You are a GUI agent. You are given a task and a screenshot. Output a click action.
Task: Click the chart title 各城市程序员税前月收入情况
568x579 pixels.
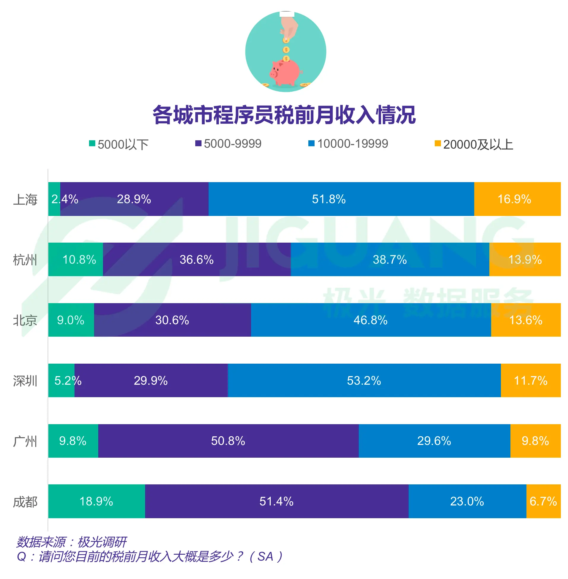tap(284, 115)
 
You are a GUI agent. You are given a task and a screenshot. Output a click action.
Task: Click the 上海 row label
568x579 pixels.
tap(25, 199)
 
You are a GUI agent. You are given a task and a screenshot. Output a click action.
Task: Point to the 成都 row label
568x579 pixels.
tap(25, 502)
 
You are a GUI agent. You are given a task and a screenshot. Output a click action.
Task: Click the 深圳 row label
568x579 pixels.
tap(25, 381)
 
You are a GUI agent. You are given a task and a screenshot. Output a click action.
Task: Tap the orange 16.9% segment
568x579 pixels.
tap(517, 199)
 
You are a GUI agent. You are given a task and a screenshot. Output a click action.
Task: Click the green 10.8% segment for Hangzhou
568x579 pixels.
tap(75, 259)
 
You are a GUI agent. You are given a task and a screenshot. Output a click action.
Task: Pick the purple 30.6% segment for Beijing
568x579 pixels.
tap(172, 320)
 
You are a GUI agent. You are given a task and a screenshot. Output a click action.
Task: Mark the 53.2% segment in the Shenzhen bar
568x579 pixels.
tap(364, 381)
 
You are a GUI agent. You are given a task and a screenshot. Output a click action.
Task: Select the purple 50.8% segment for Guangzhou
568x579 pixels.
tap(228, 441)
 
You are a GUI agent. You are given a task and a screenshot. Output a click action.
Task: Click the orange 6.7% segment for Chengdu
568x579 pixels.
tap(543, 501)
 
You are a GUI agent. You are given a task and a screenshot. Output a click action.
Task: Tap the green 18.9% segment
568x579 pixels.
tap(96, 501)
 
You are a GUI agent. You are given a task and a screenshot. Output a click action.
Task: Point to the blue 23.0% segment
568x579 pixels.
tap(467, 501)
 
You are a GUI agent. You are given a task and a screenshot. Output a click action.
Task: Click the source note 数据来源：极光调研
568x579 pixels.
tap(72, 542)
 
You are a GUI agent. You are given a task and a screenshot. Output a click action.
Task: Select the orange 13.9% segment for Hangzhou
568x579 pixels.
tap(525, 259)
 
